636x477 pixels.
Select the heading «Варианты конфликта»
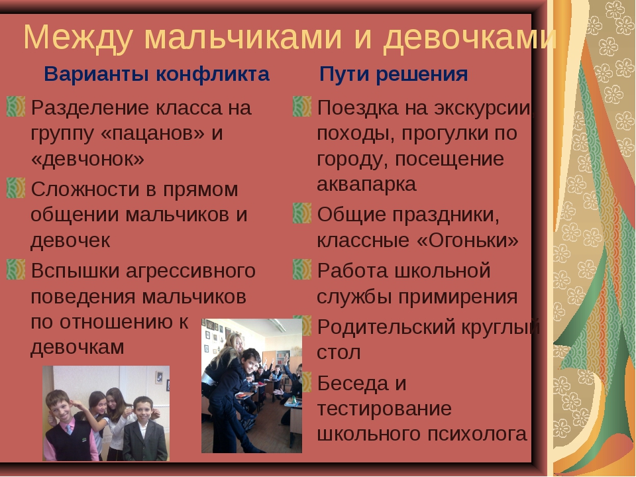156,74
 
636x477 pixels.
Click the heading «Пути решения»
394,75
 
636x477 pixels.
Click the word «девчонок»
87,158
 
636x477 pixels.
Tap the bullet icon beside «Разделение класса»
16,106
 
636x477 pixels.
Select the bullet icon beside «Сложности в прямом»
16,187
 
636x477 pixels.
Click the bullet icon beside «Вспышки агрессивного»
16,270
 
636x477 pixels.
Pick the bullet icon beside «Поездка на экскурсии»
302,106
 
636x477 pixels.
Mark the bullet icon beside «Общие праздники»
302,213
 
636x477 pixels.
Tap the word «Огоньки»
468,240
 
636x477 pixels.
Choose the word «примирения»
458,297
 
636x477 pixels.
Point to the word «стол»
339,352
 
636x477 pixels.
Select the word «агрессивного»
191,272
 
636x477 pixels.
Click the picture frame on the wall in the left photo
159,378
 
